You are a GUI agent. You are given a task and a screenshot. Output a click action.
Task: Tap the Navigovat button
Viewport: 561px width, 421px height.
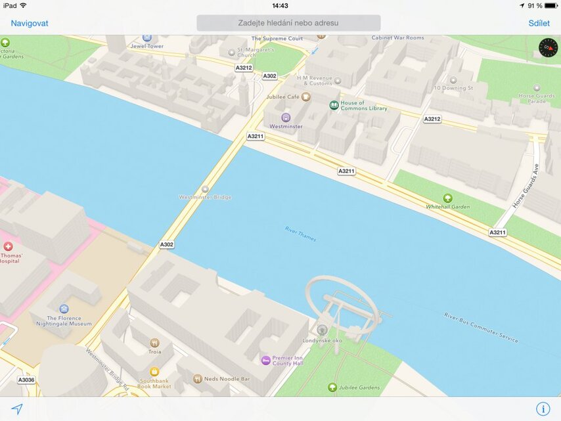(x=30, y=23)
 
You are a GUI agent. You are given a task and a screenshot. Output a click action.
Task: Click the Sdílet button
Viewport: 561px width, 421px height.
(x=539, y=23)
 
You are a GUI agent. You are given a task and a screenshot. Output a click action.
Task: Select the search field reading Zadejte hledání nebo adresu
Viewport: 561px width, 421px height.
(x=288, y=23)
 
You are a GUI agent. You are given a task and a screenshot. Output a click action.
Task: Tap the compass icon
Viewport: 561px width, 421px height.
(x=547, y=47)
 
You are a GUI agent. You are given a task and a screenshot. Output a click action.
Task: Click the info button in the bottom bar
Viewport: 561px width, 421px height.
(x=543, y=409)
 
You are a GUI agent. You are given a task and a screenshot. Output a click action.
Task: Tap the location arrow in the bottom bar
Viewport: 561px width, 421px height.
(x=17, y=409)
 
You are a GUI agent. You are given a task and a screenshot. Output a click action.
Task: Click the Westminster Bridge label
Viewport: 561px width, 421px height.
(x=205, y=196)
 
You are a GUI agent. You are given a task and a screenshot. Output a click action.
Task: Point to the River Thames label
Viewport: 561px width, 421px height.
(x=300, y=233)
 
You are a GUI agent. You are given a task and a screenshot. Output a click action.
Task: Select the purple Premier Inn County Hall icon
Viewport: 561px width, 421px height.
(x=266, y=360)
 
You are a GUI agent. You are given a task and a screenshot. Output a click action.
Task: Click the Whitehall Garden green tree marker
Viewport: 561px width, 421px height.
(x=448, y=198)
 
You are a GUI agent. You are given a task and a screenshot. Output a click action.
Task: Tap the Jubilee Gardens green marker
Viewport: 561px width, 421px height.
(x=332, y=388)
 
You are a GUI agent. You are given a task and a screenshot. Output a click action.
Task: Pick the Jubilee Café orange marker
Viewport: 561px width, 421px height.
(x=306, y=97)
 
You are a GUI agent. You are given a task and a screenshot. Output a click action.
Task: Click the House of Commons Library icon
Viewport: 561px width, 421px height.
(x=334, y=105)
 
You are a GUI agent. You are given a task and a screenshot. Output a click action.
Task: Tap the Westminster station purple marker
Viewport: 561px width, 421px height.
(x=286, y=117)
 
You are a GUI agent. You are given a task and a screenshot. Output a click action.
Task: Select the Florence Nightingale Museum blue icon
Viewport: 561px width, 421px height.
(x=64, y=309)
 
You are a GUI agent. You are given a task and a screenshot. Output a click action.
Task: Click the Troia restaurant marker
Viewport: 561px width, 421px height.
(x=154, y=343)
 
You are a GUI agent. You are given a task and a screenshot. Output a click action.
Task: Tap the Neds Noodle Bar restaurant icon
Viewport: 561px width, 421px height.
(x=197, y=379)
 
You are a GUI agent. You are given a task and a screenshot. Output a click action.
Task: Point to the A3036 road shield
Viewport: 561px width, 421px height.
(x=26, y=380)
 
